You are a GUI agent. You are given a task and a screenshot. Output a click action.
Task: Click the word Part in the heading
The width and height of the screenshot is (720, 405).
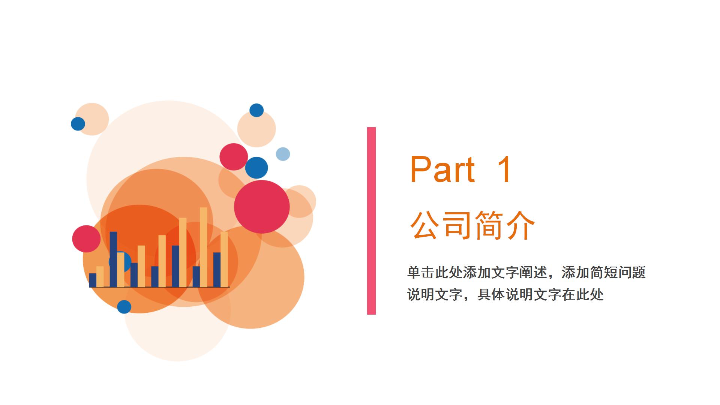tap(442, 169)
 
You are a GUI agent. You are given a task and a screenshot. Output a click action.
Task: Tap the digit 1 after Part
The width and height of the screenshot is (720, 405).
tap(504, 169)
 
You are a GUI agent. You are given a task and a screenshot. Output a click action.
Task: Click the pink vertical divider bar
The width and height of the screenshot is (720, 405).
tap(371, 220)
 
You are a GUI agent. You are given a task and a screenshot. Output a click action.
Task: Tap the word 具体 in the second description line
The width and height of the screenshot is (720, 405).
tap(491, 295)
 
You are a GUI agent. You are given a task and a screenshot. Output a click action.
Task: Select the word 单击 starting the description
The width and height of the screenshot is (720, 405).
tap(421, 273)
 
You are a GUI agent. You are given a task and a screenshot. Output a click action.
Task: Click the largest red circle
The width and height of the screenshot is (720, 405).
tap(262, 207)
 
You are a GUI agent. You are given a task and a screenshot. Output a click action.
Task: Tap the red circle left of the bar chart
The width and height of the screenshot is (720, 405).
tap(86, 239)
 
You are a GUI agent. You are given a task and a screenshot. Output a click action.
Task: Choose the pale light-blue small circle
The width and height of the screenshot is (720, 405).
tap(283, 154)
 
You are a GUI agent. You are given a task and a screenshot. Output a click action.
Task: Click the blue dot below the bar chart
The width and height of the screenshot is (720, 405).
tap(124, 307)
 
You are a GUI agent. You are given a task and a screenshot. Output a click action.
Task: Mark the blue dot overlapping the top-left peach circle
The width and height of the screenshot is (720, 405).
tap(78, 124)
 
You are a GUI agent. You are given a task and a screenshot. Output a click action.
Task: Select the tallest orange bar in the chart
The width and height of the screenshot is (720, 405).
tap(203, 247)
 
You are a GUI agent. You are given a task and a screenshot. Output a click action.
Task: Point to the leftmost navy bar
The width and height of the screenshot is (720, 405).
tap(93, 280)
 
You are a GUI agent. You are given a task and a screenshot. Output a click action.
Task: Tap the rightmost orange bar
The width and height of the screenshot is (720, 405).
tap(224, 259)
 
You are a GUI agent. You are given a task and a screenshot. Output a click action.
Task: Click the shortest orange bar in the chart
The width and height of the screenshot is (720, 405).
tap(100, 277)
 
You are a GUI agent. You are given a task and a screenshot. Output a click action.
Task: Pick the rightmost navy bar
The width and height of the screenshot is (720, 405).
tap(217, 270)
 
